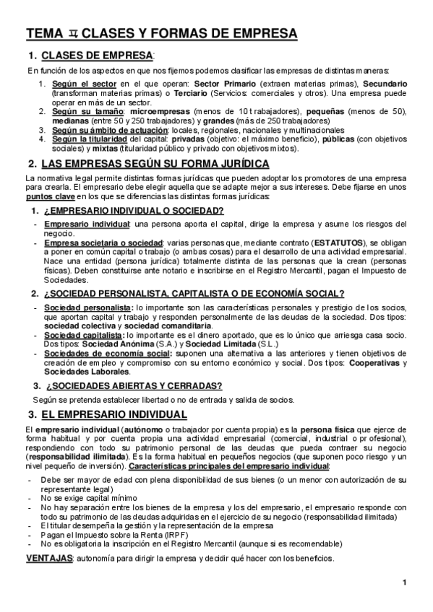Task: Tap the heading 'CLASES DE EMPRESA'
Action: [x=98, y=56]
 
